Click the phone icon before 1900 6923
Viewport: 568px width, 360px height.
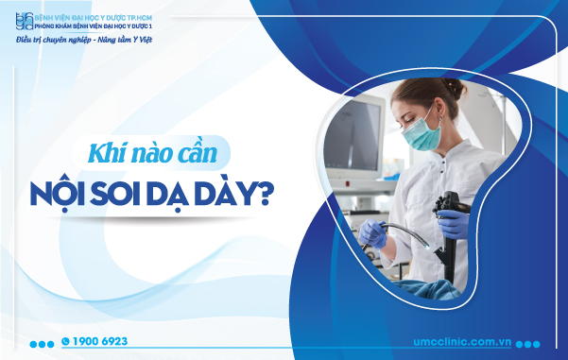point(65,341)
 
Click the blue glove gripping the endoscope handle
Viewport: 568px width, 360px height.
point(453,224)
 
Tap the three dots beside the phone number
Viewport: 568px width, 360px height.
point(41,342)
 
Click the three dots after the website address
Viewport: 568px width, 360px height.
point(528,343)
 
